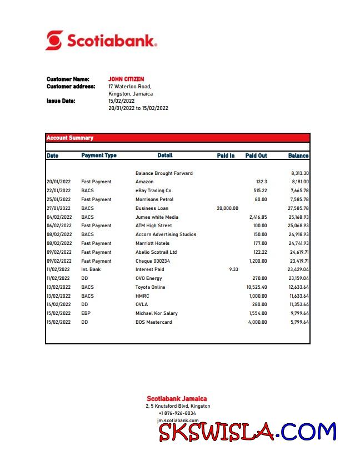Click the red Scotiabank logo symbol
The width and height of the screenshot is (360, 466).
(x=54, y=41)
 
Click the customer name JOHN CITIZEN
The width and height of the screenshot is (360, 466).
(x=126, y=79)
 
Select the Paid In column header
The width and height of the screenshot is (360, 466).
(x=226, y=156)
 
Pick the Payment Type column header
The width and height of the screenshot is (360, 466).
(x=99, y=156)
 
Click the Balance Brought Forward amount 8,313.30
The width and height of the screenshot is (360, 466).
(x=299, y=173)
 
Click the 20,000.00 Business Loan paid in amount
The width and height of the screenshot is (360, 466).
(x=227, y=208)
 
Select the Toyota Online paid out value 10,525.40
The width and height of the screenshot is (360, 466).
(x=256, y=287)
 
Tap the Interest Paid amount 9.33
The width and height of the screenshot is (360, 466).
(x=233, y=269)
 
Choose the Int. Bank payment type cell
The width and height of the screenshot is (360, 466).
(x=91, y=269)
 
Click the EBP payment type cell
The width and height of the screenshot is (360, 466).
(x=86, y=313)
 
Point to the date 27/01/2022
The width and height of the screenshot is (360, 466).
(x=58, y=208)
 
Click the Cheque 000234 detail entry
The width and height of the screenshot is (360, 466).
(x=153, y=261)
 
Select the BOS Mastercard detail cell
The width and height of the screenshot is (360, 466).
(x=153, y=322)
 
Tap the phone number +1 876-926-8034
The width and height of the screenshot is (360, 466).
(x=177, y=413)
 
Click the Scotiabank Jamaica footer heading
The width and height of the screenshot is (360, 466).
(x=177, y=398)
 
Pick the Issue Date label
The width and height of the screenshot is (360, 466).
(x=61, y=101)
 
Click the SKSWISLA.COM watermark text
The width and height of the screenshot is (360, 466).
(x=247, y=432)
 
